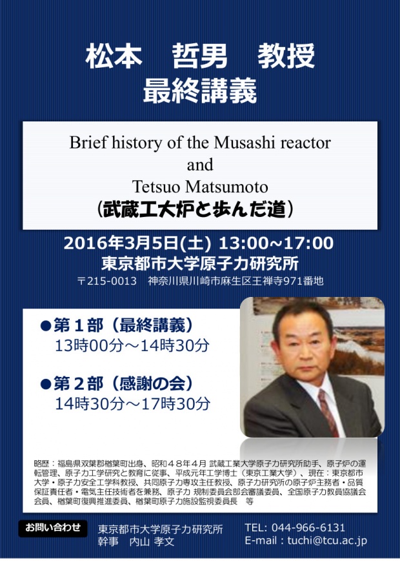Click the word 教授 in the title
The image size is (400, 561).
pos(286,56)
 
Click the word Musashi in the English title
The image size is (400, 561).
pos(245,143)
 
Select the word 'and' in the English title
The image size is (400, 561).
pos(200,165)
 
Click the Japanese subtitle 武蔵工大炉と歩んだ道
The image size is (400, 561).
pos(195,209)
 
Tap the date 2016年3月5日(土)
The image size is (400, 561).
pos(137,243)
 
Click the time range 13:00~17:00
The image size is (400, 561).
pos(276,243)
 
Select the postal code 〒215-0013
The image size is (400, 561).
pos(107,281)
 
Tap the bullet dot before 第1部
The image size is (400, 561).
pos(46,325)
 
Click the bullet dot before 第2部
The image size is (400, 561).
pos(46,384)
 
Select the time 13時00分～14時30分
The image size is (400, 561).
pos(132,345)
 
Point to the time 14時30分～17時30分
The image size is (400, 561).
pos(133,404)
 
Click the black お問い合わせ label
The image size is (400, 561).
pos(53,528)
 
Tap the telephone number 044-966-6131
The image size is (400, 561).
pos(308,527)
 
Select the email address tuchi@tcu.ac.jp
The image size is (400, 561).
pos(327,540)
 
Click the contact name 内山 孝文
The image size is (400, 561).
pos(152,542)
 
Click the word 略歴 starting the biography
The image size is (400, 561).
pos(41,464)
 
